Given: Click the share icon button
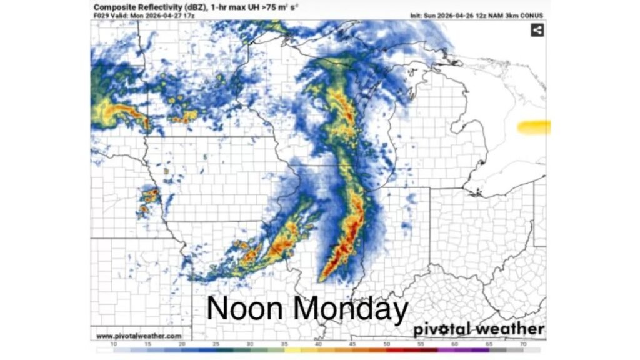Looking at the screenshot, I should (537, 30).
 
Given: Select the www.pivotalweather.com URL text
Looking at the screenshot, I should (139, 336).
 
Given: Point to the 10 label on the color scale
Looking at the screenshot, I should (114, 344).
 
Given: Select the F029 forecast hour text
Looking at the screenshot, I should (102, 15).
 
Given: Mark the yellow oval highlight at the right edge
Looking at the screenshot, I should (534, 127).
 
